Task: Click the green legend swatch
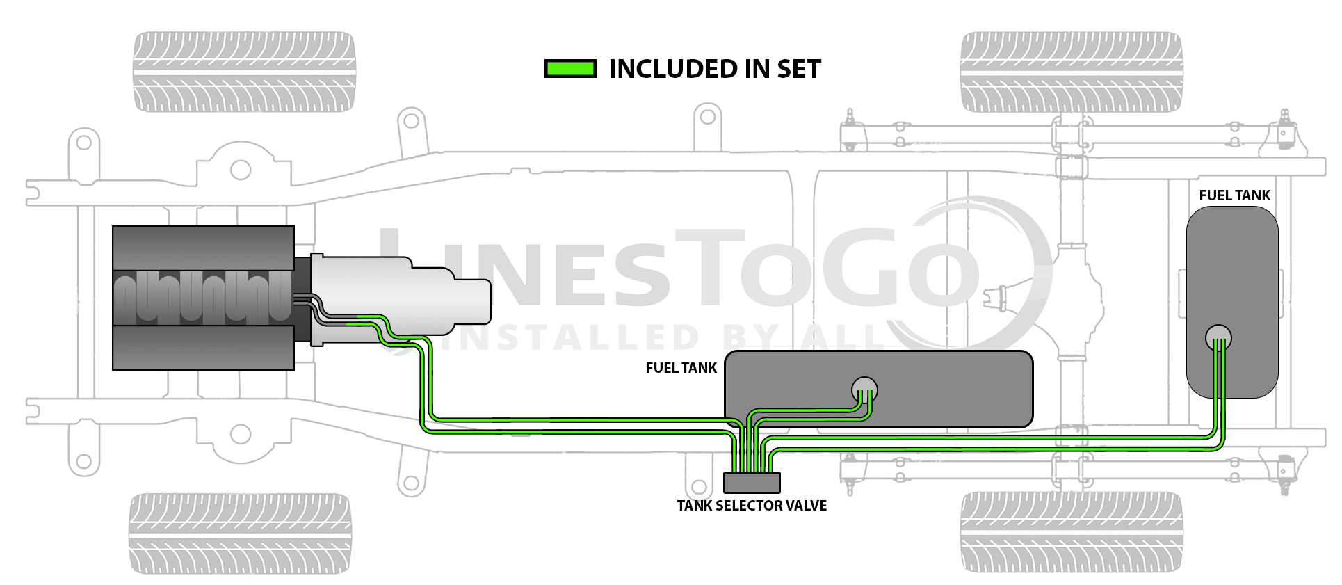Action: click(x=569, y=68)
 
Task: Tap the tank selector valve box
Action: click(x=752, y=482)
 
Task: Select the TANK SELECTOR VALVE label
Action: click(x=752, y=506)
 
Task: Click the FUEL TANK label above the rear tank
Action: click(x=1234, y=195)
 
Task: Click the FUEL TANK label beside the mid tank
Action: click(x=681, y=368)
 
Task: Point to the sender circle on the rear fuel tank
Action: click(x=1218, y=337)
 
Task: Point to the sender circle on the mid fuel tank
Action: click(x=864, y=389)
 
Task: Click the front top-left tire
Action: click(x=244, y=72)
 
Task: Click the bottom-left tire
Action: click(x=240, y=534)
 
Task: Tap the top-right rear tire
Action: click(x=1071, y=72)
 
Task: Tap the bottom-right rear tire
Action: click(x=1071, y=532)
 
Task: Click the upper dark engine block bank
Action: click(x=203, y=248)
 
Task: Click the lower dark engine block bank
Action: click(x=203, y=347)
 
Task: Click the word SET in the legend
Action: click(x=799, y=69)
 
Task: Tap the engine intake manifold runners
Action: click(x=202, y=298)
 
